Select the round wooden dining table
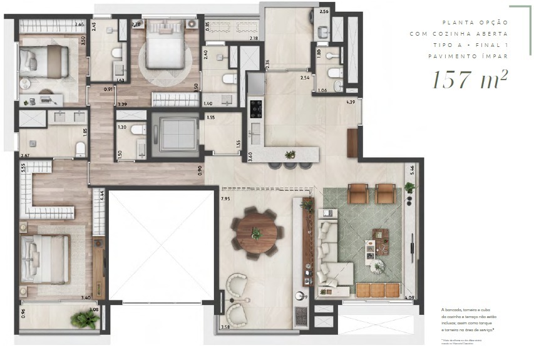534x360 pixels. click(x=256, y=233)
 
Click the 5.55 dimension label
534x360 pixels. click(x=23, y=167)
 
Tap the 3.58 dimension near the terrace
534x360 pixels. click(x=227, y=326)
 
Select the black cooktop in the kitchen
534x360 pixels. click(x=256, y=108)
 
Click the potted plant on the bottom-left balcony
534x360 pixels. click(x=84, y=319)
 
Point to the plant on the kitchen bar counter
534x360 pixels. click(x=290, y=154)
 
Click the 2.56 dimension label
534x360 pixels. click(x=324, y=12)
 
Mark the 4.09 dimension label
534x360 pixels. click(x=410, y=297)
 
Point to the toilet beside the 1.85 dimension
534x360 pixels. click(x=80, y=148)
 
